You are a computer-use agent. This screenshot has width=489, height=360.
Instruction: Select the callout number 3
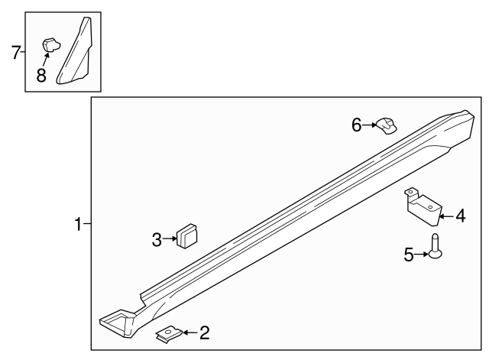pos(157,240)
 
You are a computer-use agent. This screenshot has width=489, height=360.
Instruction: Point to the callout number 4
pos(460,216)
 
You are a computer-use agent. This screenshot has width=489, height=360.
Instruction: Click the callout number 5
pos(409,255)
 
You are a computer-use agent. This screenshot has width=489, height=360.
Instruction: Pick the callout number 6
pos(356,125)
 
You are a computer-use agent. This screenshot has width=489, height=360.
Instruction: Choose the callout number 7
pos(15,53)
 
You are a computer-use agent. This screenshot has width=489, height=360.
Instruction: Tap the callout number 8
pos(41,76)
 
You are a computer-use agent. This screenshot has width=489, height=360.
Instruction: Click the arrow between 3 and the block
pos(169,240)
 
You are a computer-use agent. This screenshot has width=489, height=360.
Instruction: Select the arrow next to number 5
pos(421,255)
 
